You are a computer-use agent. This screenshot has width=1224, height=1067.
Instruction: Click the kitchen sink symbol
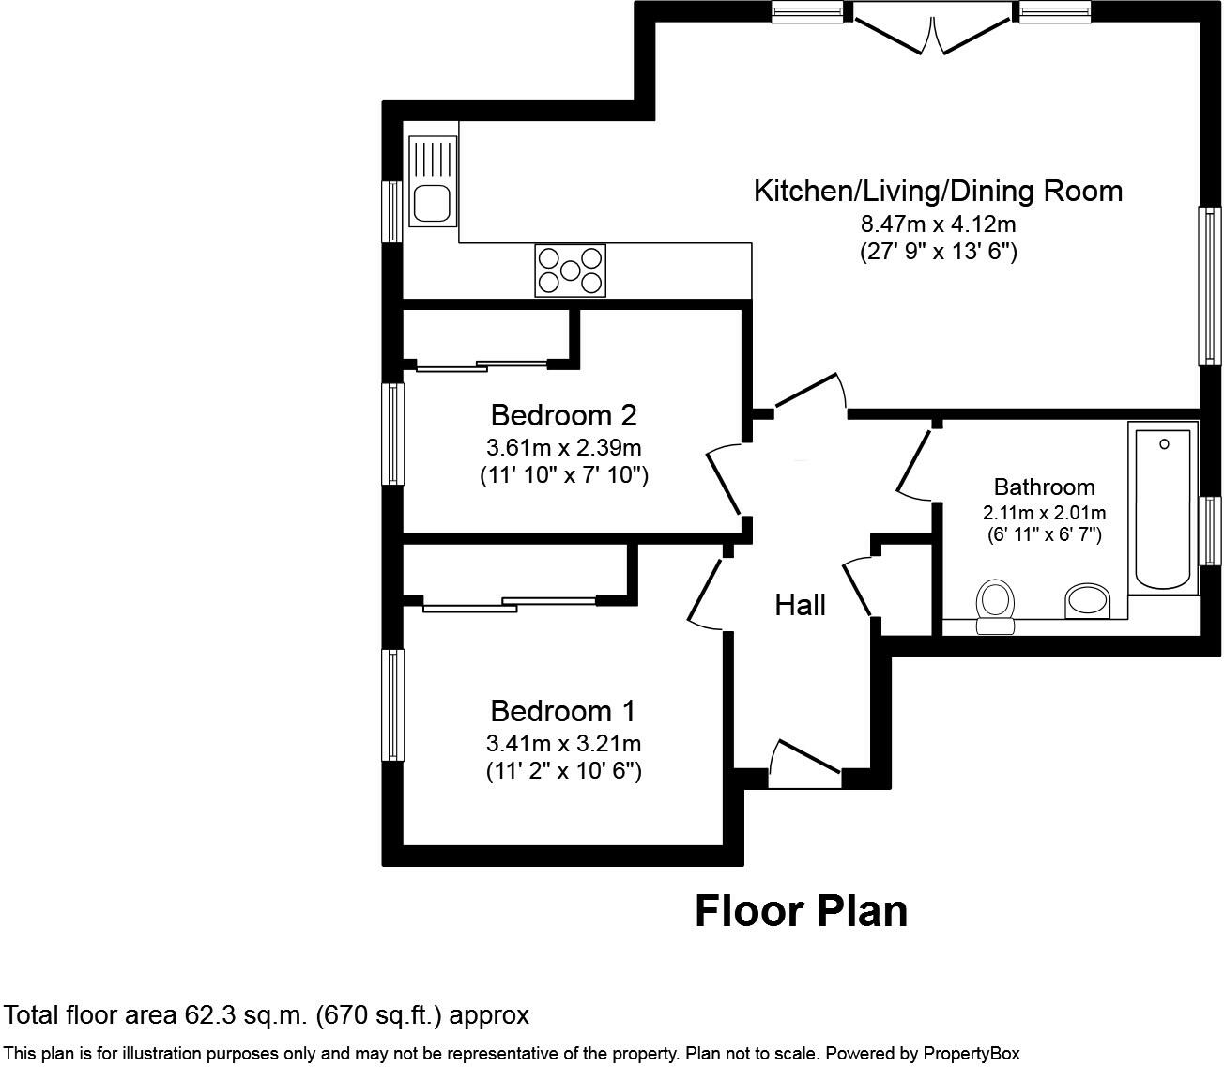coord(432,181)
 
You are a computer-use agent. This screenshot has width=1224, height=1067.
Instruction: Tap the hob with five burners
coord(570,270)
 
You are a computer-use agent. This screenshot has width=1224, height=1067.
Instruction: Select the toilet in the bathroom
coord(995,606)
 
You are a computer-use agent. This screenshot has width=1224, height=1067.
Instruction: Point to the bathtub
coord(1164,508)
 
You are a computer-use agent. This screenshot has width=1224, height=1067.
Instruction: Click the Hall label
coord(800,605)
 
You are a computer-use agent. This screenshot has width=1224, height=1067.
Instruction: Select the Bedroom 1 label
coord(563,710)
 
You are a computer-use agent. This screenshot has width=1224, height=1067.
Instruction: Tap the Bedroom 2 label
coord(563,414)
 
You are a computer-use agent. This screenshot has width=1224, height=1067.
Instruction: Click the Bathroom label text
coord(1044,487)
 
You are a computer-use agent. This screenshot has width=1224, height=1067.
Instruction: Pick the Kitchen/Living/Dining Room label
coord(938,191)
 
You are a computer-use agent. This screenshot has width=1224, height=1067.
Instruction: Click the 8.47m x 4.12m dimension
coord(938,224)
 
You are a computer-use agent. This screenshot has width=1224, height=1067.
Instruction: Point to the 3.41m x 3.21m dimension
coord(563,744)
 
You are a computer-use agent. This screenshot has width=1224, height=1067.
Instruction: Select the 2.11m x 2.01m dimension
coord(1044,513)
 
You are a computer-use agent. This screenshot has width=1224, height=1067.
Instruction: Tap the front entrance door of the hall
coord(803,761)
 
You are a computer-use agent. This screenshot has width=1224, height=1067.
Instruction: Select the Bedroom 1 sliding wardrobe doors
coord(509,603)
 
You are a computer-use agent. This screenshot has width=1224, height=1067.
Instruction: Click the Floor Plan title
coord(801,911)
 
